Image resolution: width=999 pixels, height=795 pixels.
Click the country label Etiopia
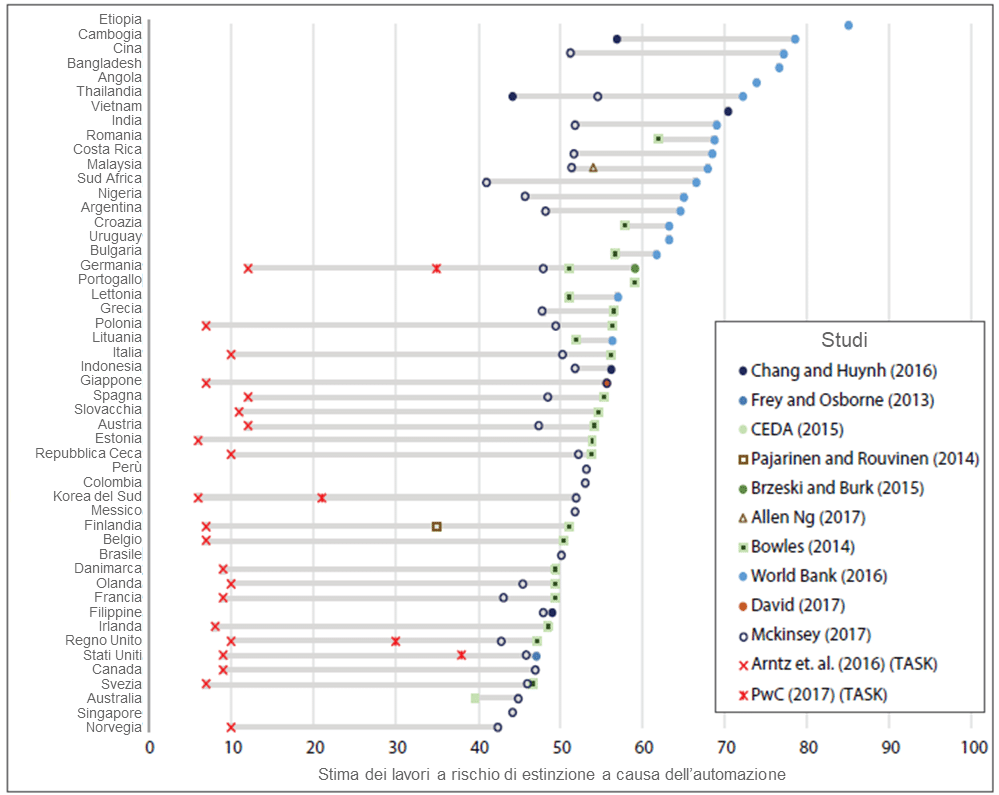[x=120, y=19]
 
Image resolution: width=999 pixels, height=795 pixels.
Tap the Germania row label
[x=111, y=265]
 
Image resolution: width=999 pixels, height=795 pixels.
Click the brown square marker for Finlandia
[x=436, y=526]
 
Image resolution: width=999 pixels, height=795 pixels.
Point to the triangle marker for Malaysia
[x=593, y=167]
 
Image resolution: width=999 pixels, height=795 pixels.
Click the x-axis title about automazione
[x=552, y=773]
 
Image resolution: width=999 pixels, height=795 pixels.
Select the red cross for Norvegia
[x=231, y=727]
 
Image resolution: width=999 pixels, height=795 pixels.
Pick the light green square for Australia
[x=475, y=698]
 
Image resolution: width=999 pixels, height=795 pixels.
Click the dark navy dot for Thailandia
[x=513, y=96]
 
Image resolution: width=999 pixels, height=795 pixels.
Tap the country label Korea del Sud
[x=97, y=496]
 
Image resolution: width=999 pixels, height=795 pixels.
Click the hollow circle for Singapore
[x=512, y=713]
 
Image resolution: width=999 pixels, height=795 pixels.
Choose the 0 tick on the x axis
[x=150, y=746]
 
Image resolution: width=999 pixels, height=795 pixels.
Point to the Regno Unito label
[x=104, y=641]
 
